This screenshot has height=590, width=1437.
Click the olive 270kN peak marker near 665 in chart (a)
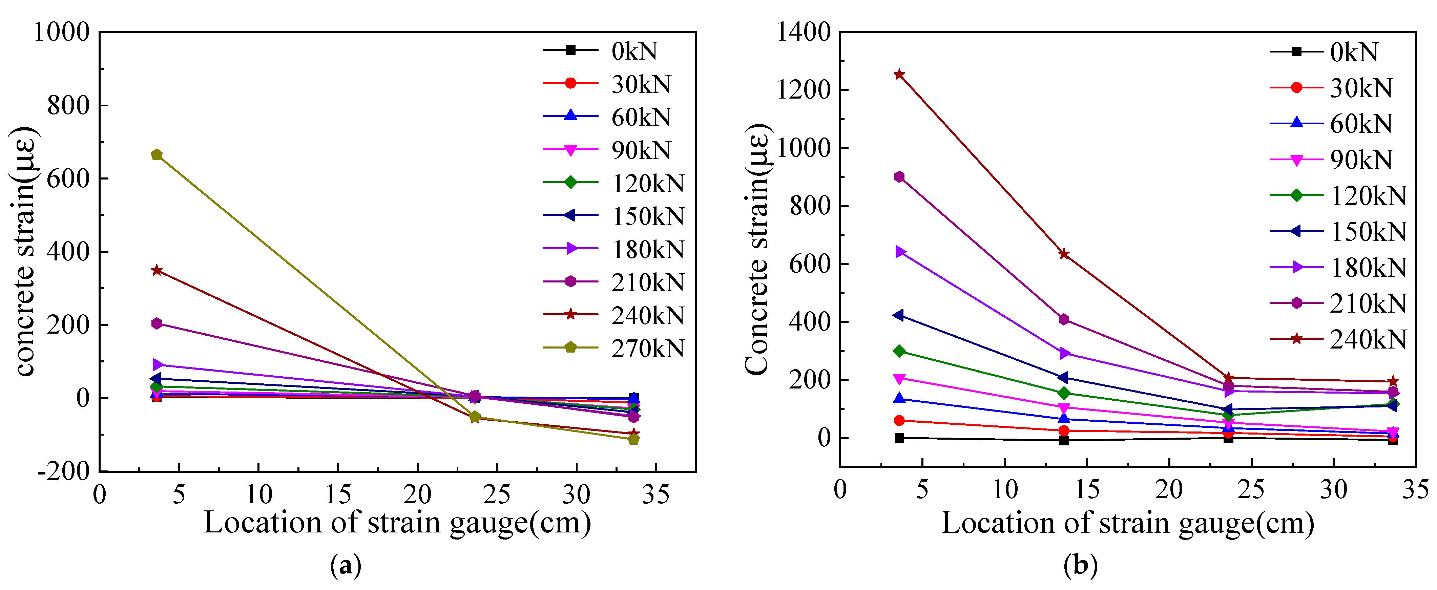pyautogui.click(x=157, y=154)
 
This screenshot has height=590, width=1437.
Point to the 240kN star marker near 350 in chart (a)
pyautogui.click(x=157, y=271)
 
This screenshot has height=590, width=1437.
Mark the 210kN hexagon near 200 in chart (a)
pyautogui.click(x=157, y=323)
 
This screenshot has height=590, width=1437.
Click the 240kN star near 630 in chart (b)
pyautogui.click(x=1064, y=254)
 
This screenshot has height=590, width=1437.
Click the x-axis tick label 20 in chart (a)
pyautogui.click(x=417, y=494)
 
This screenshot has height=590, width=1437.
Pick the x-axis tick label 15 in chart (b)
pyautogui.click(x=1087, y=490)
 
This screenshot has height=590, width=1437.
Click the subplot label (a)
pyautogui.click(x=346, y=566)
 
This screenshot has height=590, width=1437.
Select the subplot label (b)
pyautogui.click(x=1081, y=566)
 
